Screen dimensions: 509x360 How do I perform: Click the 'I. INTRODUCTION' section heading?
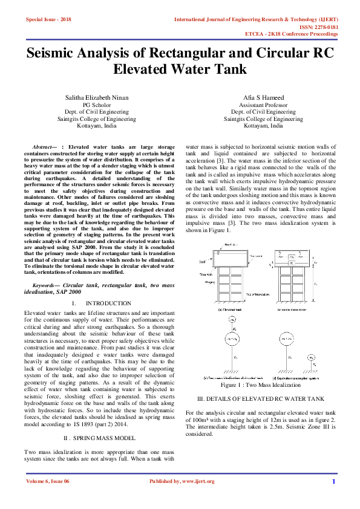click(101, 303)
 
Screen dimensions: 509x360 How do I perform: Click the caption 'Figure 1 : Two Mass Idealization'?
click(261, 384)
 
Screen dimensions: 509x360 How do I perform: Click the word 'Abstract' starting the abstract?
click(44, 147)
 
